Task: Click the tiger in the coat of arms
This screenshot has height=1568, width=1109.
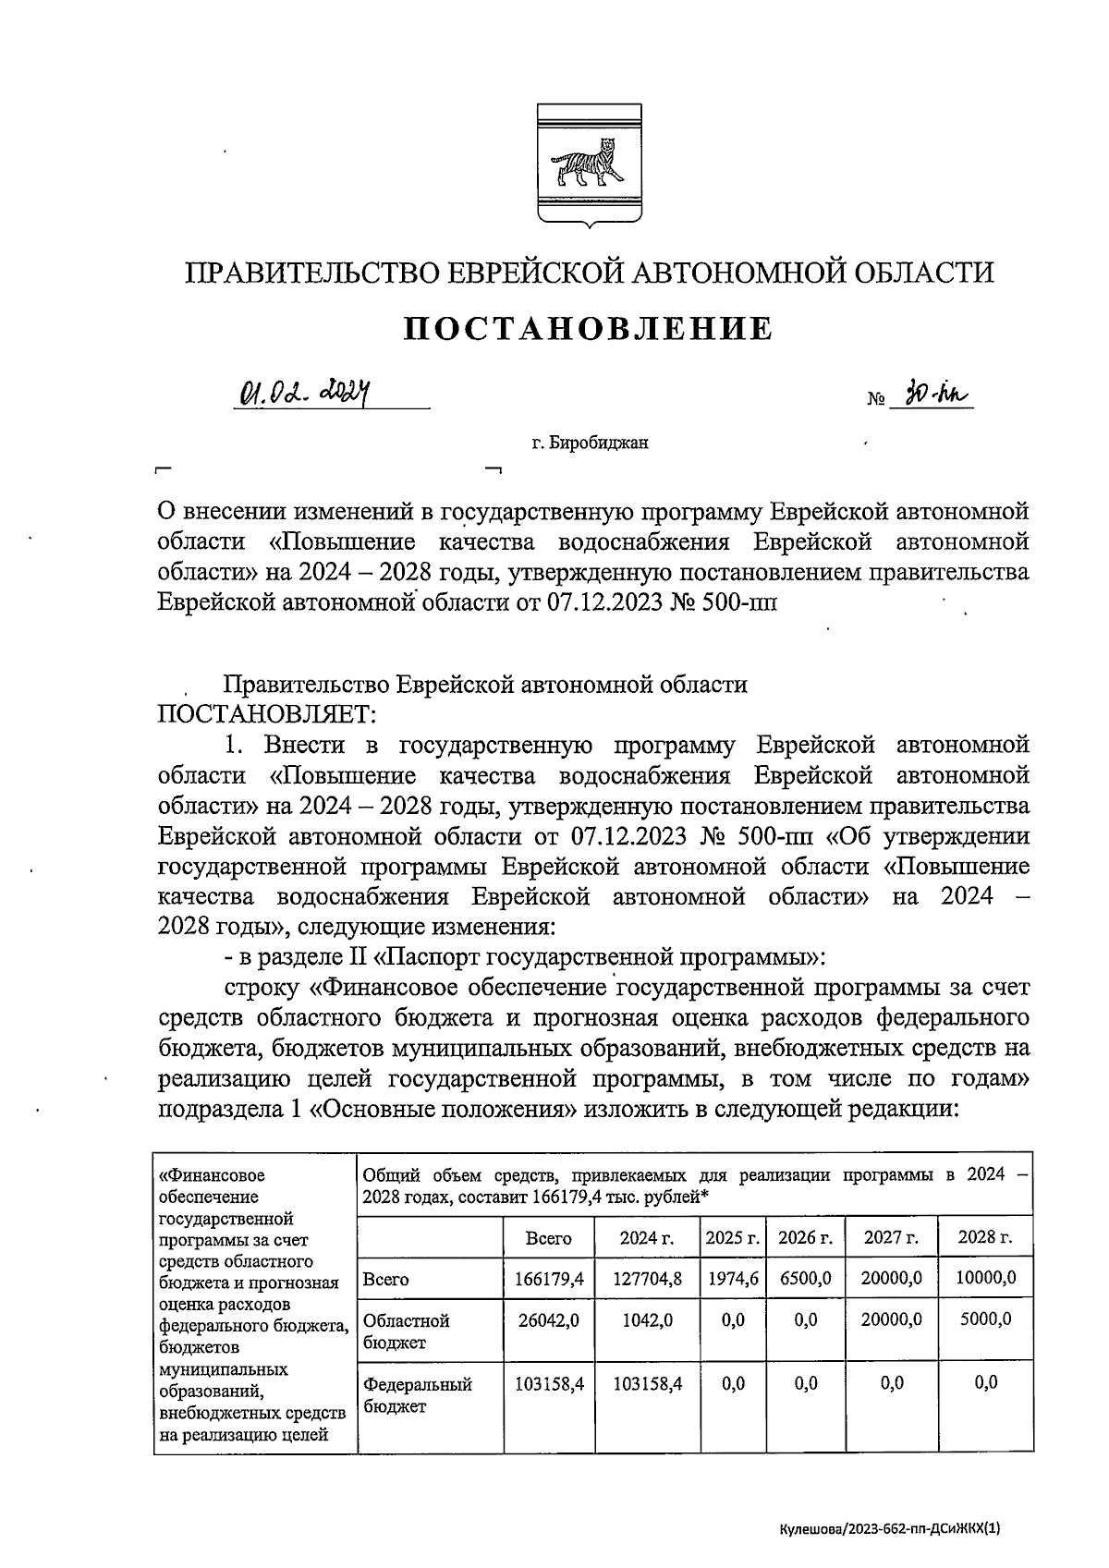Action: pyautogui.click(x=583, y=163)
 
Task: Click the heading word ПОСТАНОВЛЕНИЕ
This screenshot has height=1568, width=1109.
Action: pyautogui.click(x=589, y=328)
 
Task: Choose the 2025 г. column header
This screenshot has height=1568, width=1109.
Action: pyautogui.click(x=732, y=1238)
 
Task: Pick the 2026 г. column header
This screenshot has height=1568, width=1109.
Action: pyautogui.click(x=805, y=1238)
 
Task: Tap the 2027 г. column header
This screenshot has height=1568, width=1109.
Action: pyautogui.click(x=891, y=1238)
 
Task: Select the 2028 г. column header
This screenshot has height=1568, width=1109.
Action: pyautogui.click(x=985, y=1238)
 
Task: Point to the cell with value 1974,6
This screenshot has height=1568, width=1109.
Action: pyautogui.click(x=732, y=1279)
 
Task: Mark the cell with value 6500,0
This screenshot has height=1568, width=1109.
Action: pyautogui.click(x=805, y=1279)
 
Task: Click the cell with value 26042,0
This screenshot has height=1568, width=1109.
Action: pyautogui.click(x=548, y=1320)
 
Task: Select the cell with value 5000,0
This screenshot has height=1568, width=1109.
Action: pyautogui.click(x=985, y=1319)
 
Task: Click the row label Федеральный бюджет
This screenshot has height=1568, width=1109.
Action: pyautogui.click(x=418, y=1395)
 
